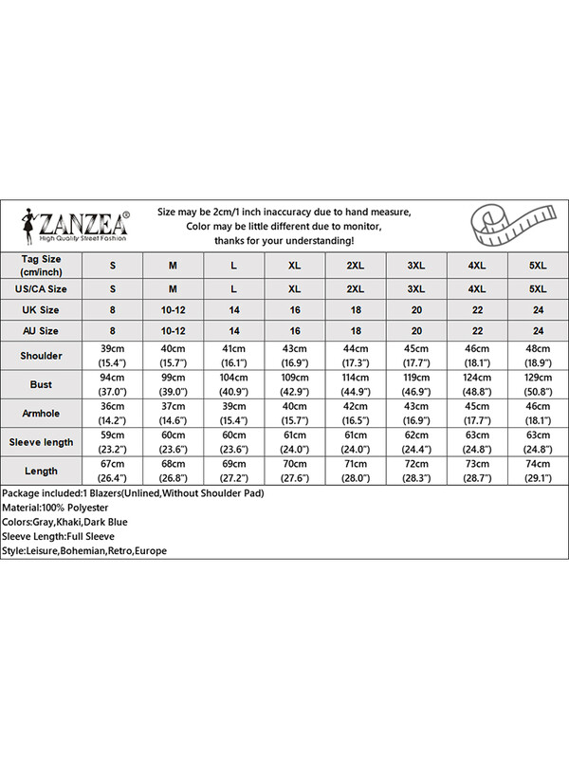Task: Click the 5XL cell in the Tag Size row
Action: coord(538,265)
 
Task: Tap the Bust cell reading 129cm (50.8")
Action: coord(538,385)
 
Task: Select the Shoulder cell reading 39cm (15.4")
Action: coord(113,357)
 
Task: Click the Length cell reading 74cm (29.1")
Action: coord(538,471)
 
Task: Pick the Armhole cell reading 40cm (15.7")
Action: coord(295,414)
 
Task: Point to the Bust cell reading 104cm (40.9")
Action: coord(234,385)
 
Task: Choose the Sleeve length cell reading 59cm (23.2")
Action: coord(113,442)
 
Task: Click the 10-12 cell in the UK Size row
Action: coord(174,309)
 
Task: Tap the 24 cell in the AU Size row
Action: coord(538,330)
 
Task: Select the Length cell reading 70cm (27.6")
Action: coord(295,471)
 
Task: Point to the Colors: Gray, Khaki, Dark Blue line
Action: coord(64,522)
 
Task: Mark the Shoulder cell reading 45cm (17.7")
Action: coord(416,357)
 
